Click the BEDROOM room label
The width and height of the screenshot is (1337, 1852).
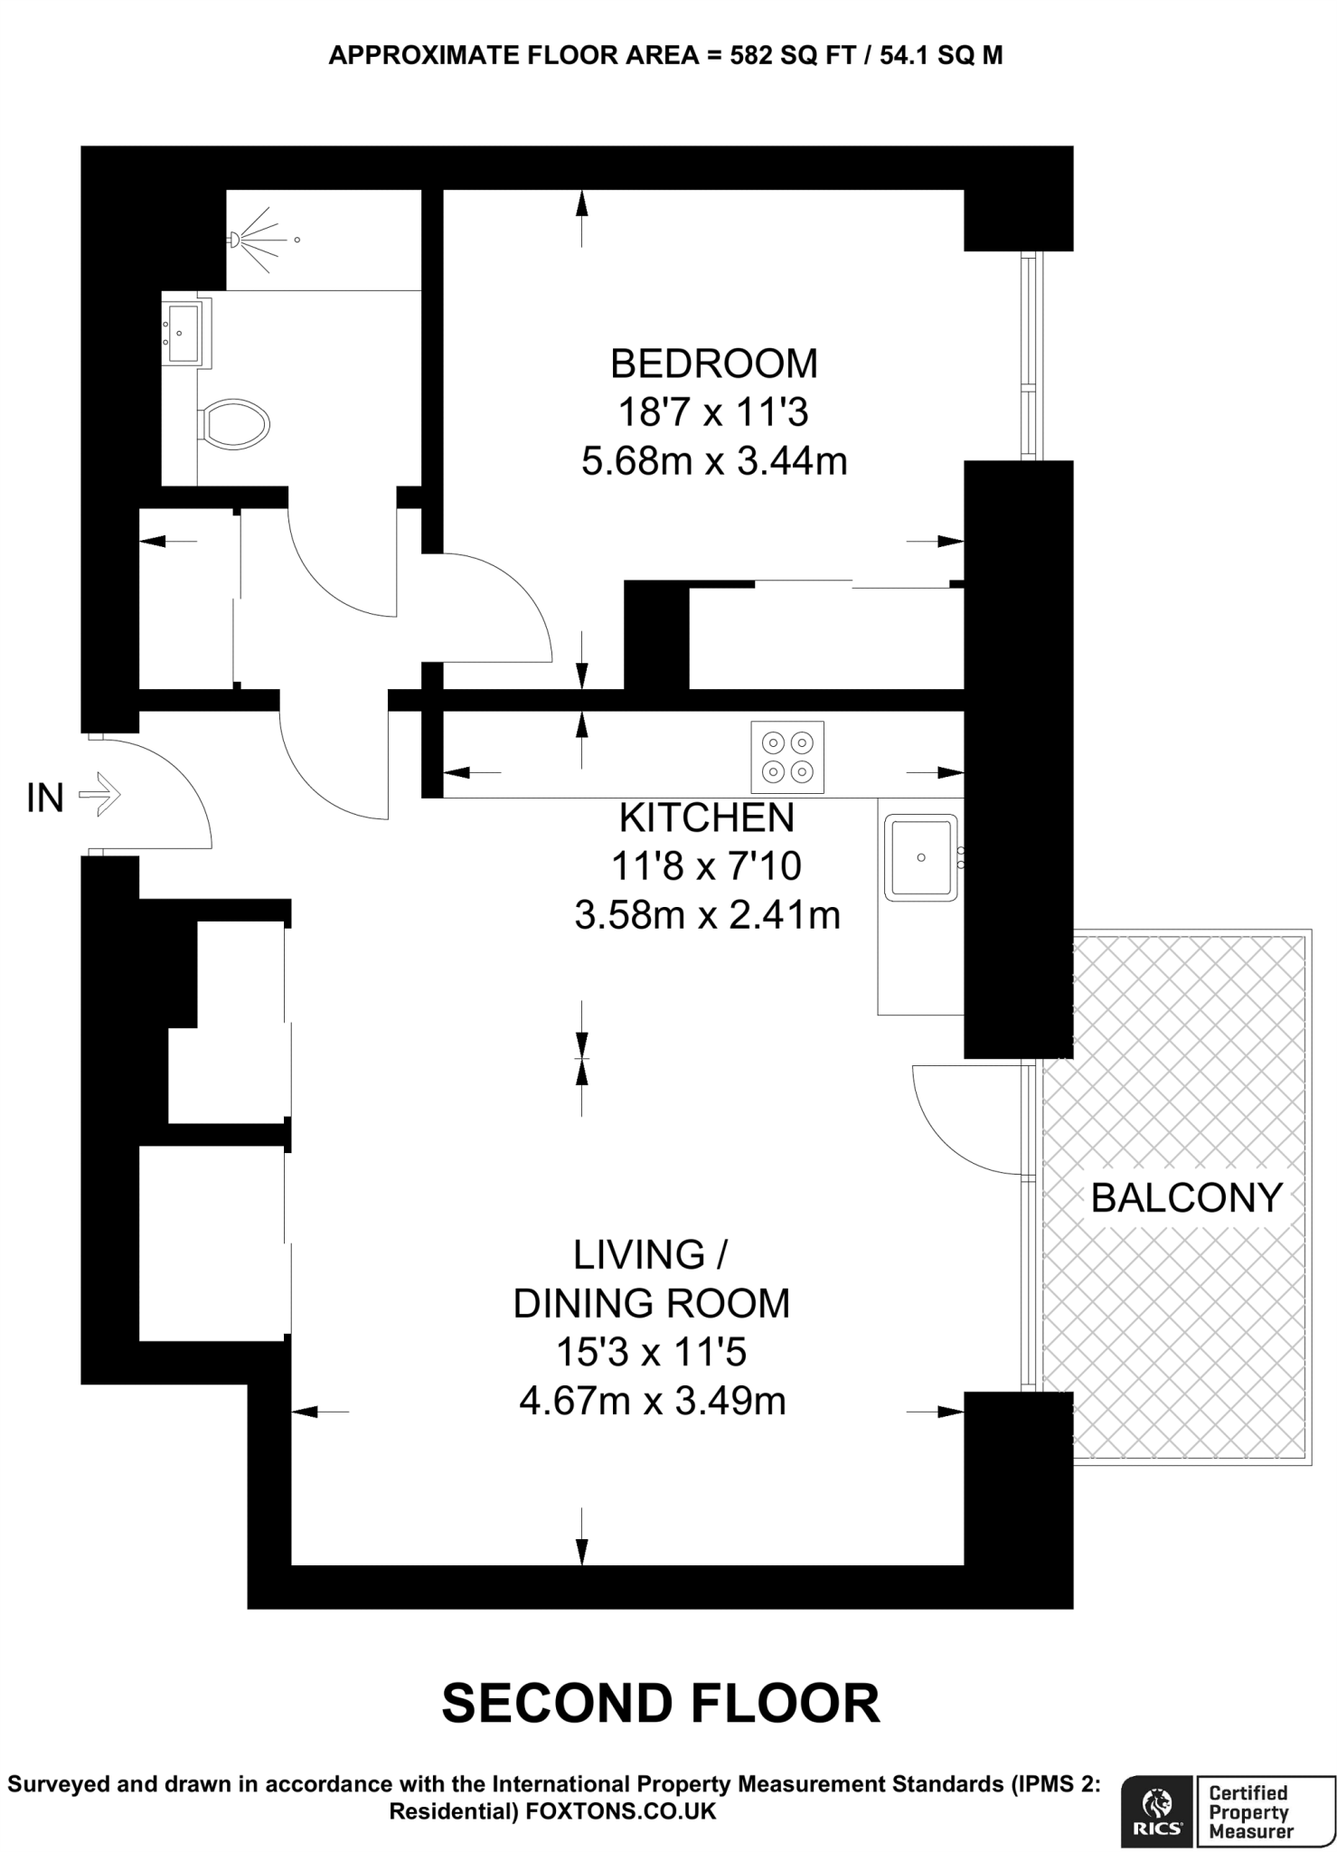tap(713, 364)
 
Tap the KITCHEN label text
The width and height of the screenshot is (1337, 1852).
tap(706, 817)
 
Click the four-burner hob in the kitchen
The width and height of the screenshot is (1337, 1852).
tap(787, 757)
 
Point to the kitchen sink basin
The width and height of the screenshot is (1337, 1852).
tap(920, 857)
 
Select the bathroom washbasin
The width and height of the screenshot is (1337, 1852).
tap(184, 333)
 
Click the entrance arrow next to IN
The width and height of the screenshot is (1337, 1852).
tap(99, 796)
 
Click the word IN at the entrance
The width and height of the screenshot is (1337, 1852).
tap(45, 798)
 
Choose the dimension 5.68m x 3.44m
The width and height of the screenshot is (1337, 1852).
tap(713, 462)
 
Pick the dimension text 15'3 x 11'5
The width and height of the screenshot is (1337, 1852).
tap(651, 1353)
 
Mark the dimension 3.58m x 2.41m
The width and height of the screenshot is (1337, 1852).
tap(706, 915)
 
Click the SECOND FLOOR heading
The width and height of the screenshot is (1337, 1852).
tap(660, 1704)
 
